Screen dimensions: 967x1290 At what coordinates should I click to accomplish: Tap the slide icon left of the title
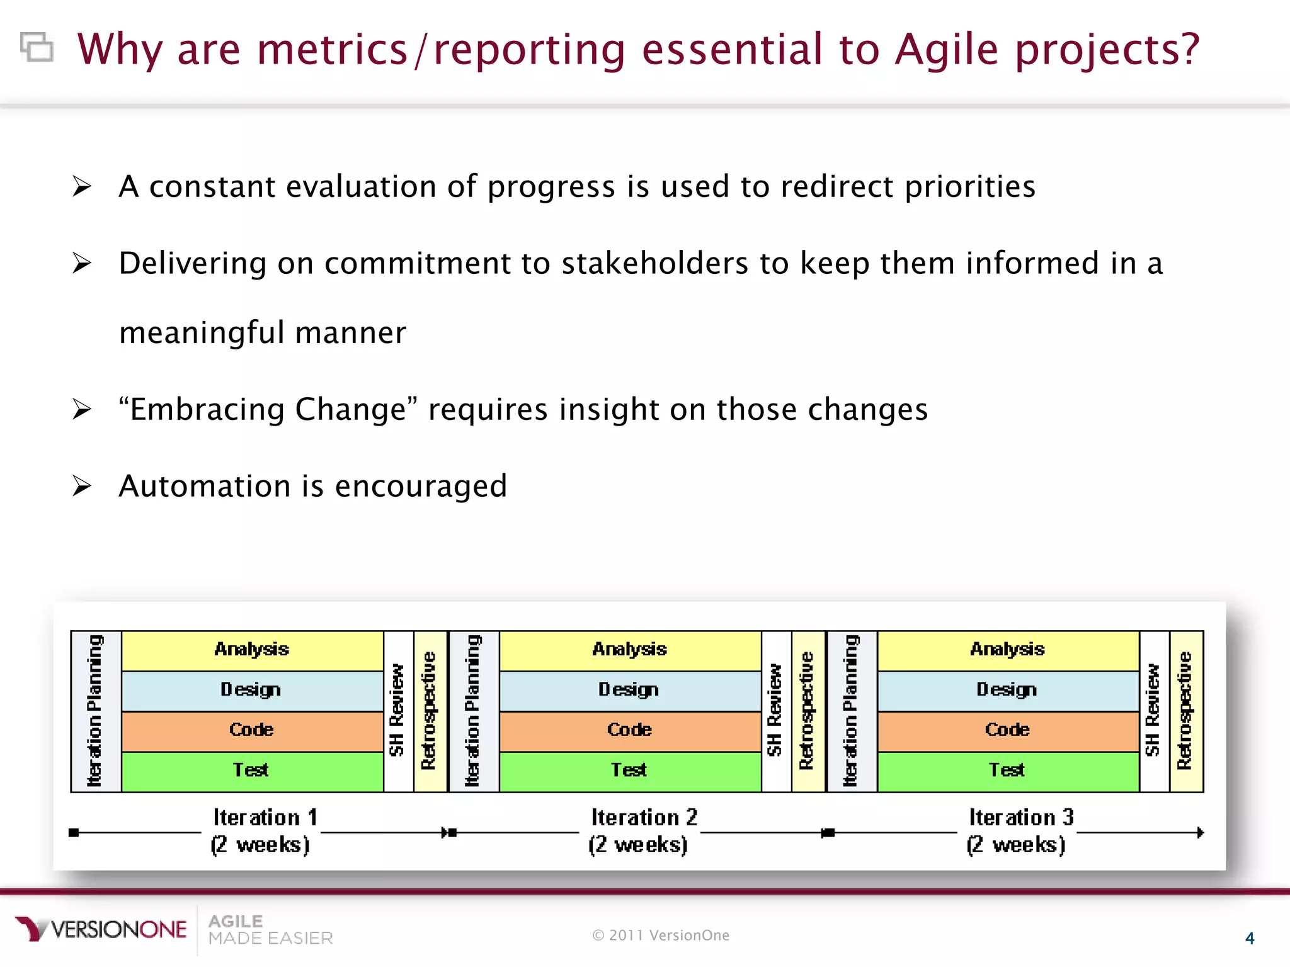click(x=37, y=47)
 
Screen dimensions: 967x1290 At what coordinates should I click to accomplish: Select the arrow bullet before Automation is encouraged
click(x=82, y=486)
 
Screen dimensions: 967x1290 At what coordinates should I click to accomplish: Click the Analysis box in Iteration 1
click(x=252, y=650)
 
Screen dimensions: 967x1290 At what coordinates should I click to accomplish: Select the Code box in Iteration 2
click(x=630, y=730)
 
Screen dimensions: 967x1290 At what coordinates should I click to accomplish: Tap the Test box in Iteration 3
click(x=1008, y=771)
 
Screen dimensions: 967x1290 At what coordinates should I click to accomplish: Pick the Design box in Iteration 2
click(x=630, y=690)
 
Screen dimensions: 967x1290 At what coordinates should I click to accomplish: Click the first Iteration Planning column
click(x=95, y=711)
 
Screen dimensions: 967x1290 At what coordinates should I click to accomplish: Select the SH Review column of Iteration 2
click(x=775, y=711)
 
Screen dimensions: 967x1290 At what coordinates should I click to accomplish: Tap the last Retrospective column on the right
click(x=1185, y=711)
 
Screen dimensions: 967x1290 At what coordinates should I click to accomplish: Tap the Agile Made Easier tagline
click(x=270, y=930)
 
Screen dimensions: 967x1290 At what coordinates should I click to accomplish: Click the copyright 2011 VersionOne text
click(x=661, y=936)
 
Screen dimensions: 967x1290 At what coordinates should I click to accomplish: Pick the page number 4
click(x=1250, y=939)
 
